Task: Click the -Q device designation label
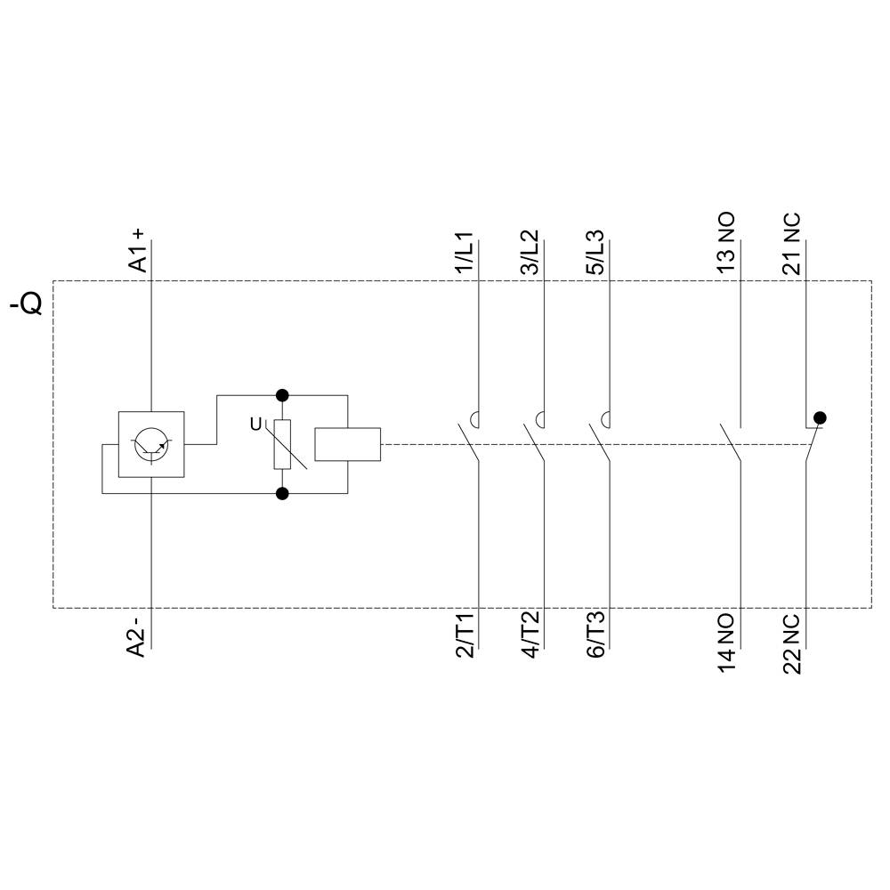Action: tap(26, 304)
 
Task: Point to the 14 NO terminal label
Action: tap(726, 642)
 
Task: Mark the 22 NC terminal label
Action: tap(791, 644)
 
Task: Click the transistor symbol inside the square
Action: tap(152, 444)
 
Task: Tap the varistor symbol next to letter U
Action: tap(283, 444)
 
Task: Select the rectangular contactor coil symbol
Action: tap(348, 444)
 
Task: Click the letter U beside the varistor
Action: tap(256, 425)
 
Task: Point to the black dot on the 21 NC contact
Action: tap(820, 417)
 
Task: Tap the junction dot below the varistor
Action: tap(283, 493)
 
